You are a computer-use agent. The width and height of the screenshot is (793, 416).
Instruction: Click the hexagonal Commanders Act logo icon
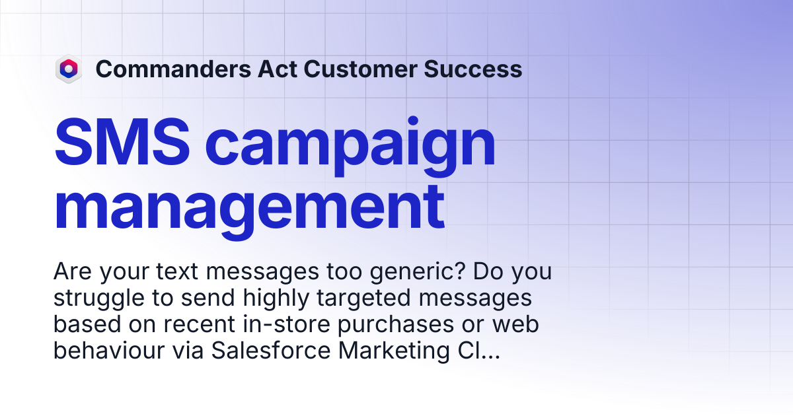[x=69, y=69]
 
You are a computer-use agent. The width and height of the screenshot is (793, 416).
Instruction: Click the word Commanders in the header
[x=173, y=69]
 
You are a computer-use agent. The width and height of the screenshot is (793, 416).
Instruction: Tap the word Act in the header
[x=278, y=69]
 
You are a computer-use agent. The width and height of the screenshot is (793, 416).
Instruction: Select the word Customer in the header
[x=360, y=69]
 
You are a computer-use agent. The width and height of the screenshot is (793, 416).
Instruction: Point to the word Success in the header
[x=473, y=69]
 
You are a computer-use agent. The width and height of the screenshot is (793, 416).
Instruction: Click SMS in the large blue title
[x=122, y=142]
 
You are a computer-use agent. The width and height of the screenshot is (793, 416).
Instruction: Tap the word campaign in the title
[x=350, y=147]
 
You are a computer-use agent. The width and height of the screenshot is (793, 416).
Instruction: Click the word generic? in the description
[x=417, y=272]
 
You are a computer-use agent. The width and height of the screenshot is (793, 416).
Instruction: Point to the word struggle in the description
[x=98, y=298]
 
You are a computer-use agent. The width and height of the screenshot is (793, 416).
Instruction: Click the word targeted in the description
[x=364, y=298]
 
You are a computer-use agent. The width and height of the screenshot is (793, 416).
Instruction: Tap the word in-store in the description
[x=286, y=324]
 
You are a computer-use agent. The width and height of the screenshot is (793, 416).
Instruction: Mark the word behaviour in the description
[x=109, y=351]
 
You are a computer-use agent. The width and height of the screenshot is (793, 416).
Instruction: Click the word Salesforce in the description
[x=271, y=351]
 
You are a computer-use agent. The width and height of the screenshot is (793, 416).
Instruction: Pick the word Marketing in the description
[x=394, y=351]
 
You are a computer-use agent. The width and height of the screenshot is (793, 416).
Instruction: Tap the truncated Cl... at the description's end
[x=479, y=351]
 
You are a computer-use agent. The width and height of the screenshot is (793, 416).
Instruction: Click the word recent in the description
[x=200, y=324]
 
